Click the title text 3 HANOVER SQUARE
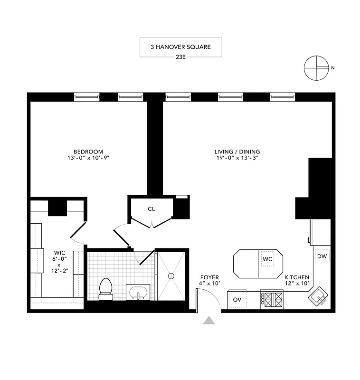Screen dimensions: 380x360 tap(180, 47)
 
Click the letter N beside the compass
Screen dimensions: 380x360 tap(333, 68)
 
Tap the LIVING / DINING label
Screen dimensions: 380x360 tap(237, 152)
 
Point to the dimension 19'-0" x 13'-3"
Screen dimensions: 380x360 tap(237, 159)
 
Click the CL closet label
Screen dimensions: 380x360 tap(151, 209)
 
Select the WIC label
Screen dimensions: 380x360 tap(59, 253)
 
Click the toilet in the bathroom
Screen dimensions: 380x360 tap(105, 289)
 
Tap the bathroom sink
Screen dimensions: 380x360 tap(138, 292)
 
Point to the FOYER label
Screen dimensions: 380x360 tap(209, 277)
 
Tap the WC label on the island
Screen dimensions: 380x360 tap(267, 259)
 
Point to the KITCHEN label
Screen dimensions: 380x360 tap(297, 277)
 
